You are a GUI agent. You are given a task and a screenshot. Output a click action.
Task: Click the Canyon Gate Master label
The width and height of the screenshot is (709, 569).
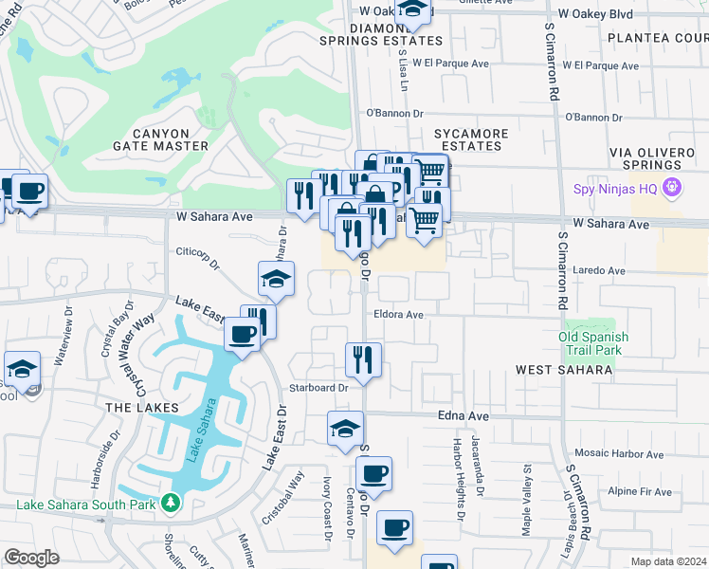[160, 139]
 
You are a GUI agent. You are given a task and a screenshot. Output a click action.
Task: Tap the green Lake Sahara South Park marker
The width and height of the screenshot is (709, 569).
[171, 502]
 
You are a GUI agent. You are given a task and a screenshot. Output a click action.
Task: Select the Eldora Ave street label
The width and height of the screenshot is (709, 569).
[397, 314]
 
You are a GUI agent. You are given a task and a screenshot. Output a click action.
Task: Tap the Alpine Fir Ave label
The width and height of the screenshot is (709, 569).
[640, 491]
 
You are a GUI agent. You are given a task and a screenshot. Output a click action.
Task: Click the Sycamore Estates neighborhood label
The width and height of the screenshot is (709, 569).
[471, 139]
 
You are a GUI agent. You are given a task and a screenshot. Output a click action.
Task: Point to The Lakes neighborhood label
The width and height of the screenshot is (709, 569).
[130, 407]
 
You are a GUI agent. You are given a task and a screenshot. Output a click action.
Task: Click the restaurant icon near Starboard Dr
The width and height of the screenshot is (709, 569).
[363, 358]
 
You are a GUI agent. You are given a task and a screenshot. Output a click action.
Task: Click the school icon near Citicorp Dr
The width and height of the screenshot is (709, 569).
[276, 278]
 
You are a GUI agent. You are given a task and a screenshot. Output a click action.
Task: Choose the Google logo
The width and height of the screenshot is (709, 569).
[31, 558]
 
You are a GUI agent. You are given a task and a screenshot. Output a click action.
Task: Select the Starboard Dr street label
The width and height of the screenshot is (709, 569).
[319, 387]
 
